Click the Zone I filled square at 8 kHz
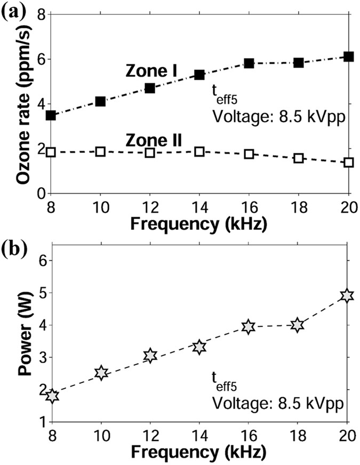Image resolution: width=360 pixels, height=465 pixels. (x=51, y=115)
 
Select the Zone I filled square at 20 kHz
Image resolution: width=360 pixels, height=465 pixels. (x=349, y=57)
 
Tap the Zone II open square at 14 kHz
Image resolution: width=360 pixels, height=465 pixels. (x=199, y=151)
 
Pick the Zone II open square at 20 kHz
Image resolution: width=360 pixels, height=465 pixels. (x=349, y=162)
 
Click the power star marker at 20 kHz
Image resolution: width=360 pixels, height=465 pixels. (x=347, y=295)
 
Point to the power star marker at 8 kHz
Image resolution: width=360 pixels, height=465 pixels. (x=52, y=396)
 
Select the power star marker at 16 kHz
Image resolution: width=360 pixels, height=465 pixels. (x=248, y=327)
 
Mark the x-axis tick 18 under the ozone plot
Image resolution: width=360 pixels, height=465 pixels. (x=298, y=205)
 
